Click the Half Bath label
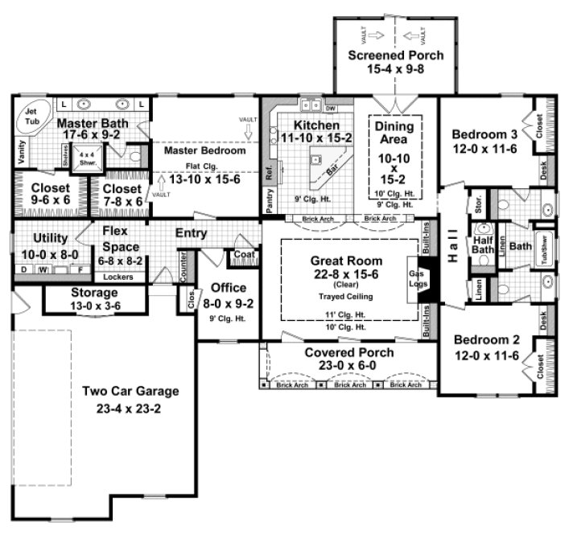click(482, 244)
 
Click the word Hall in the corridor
click(453, 240)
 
